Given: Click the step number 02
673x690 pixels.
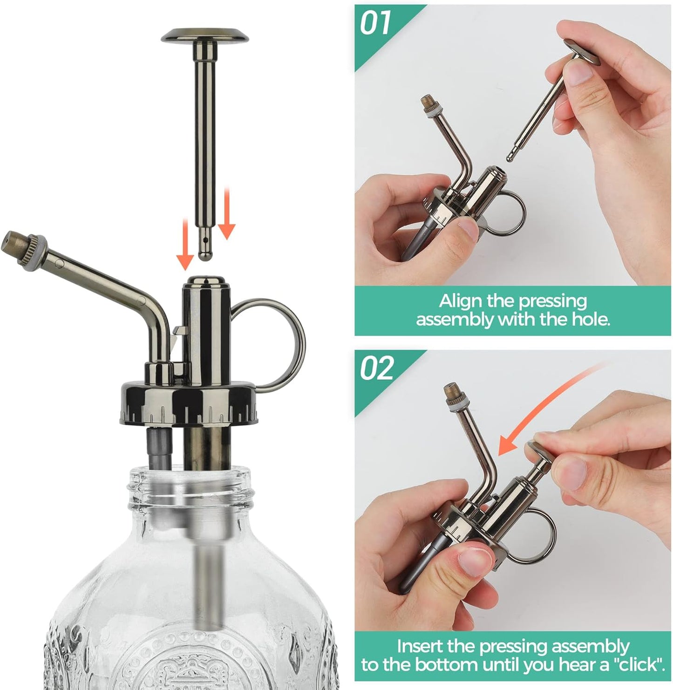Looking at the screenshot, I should [377, 369].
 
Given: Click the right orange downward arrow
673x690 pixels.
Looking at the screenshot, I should [226, 214].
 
